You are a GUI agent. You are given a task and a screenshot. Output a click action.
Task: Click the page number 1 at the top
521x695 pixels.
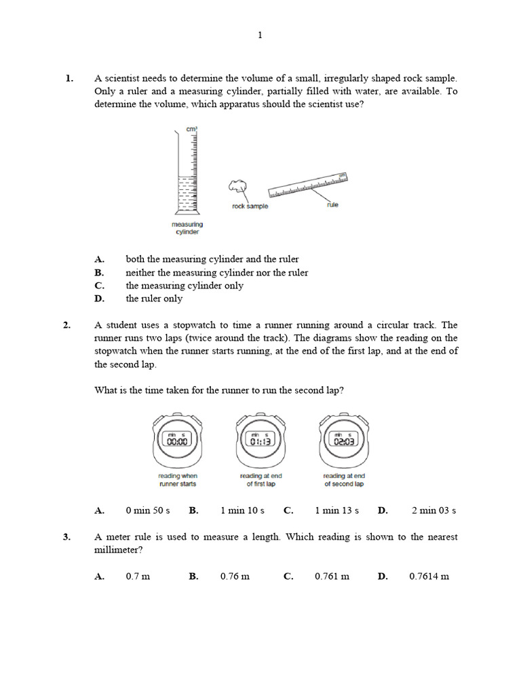click(260, 36)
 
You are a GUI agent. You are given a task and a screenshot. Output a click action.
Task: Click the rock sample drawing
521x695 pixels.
click(237, 185)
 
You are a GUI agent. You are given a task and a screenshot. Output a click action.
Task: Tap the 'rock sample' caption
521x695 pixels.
click(250, 206)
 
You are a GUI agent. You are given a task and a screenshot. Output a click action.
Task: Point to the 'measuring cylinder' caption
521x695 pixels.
click(188, 228)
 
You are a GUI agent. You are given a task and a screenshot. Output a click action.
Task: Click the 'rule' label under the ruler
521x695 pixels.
click(332, 205)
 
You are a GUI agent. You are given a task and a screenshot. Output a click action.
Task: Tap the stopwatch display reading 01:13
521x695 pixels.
click(260, 440)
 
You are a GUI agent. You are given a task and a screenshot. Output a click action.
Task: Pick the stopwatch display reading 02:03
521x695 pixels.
click(343, 440)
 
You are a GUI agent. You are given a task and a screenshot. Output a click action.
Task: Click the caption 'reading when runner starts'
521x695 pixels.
click(178, 480)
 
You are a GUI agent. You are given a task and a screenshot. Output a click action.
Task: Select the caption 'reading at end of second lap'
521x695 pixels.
click(343, 480)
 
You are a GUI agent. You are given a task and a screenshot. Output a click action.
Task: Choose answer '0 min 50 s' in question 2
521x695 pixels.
click(147, 510)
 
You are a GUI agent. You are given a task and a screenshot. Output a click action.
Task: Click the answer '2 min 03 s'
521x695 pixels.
click(433, 510)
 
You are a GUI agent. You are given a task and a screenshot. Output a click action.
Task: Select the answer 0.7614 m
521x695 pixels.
click(429, 576)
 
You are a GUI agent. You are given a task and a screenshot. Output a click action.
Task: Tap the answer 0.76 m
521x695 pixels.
click(235, 576)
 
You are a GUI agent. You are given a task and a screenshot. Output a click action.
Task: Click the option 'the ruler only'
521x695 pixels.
click(154, 299)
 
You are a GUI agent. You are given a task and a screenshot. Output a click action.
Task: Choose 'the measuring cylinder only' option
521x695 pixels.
click(185, 286)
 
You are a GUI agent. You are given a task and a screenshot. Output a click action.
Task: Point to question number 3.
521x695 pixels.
click(67, 537)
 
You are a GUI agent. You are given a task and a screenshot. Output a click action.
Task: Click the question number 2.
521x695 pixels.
click(67, 325)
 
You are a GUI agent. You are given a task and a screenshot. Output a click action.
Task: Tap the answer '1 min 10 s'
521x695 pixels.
click(242, 510)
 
